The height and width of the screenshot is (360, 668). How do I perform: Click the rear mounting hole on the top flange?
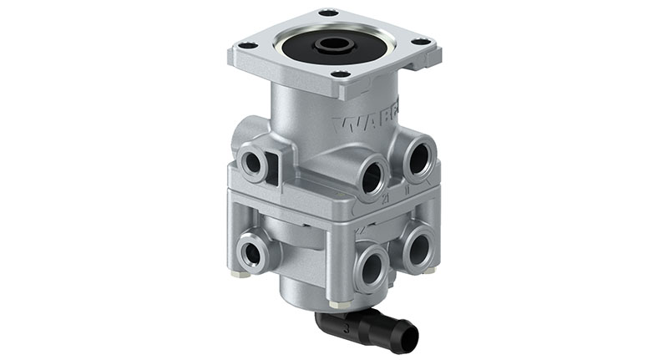pos(329,13)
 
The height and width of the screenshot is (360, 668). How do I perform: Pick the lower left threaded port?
pos(249,250)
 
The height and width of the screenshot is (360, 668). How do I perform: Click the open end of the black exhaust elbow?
pos(408,337)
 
